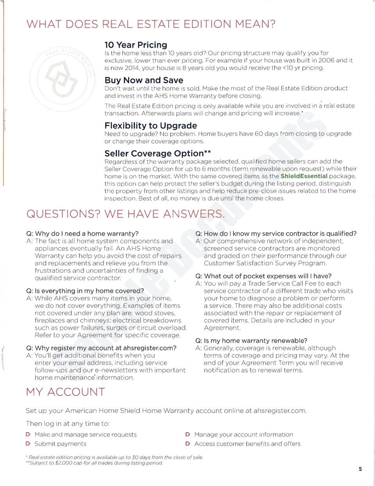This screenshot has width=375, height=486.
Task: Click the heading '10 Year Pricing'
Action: [136, 45]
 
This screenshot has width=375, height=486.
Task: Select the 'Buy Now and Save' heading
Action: [143, 80]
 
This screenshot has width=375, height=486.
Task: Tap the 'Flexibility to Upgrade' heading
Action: [150, 126]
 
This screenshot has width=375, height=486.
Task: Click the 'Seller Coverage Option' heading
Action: [154, 153]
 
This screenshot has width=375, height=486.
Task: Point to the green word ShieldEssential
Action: [304, 176]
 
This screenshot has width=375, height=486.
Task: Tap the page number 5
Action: [360, 469]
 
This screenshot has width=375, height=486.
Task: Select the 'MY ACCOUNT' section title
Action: [65, 392]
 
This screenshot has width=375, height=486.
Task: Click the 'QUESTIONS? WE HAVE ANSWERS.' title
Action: [125, 214]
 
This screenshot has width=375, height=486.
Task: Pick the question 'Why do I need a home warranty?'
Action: [82, 234]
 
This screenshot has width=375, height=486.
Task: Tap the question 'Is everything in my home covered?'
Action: [85, 291]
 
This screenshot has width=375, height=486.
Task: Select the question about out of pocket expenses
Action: [263, 276]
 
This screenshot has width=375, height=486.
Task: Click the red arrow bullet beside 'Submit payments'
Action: [28, 444]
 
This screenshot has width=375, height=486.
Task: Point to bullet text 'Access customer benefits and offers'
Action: [247, 444]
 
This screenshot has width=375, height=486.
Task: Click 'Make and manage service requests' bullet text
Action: [85, 435]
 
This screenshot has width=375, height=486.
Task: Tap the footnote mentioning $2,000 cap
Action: [95, 463]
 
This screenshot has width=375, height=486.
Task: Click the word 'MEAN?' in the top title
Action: [255, 24]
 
